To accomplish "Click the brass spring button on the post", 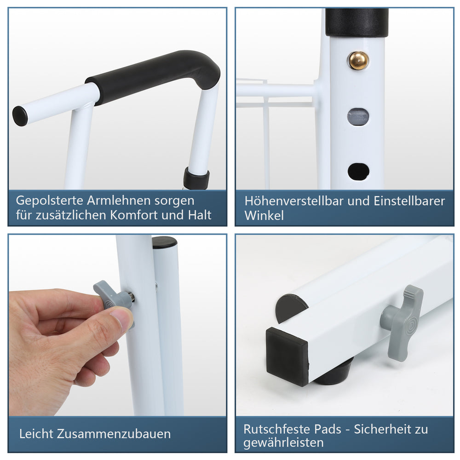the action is coord(358,61).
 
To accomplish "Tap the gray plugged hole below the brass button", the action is coord(358,117).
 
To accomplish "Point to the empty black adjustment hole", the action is coord(358,171).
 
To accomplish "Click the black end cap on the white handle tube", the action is coord(20,116).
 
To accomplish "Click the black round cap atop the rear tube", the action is coord(165,242).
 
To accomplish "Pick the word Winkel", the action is coord(264,216).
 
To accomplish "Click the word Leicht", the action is coord(36,434).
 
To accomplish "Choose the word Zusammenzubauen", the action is coord(114,434).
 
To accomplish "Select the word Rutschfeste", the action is coord(277,430).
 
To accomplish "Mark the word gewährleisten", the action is coord(283,443).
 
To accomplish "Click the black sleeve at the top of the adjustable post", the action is coord(357,22).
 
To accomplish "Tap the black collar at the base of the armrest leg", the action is coord(196,178).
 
